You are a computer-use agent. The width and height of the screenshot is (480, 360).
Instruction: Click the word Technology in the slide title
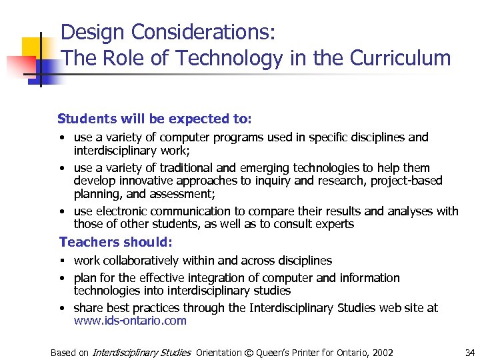[225, 59]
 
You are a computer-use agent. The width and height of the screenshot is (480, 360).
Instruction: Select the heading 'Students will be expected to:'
[155, 119]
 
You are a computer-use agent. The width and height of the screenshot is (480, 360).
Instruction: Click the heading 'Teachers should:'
[116, 242]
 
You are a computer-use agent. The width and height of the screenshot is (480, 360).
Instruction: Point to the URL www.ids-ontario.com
[130, 321]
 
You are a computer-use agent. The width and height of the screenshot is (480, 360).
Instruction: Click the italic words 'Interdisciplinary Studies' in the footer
[141, 353]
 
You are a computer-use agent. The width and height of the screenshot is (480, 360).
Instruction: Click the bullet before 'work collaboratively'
[61, 261]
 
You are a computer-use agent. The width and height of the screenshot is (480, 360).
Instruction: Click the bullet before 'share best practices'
[61, 309]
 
